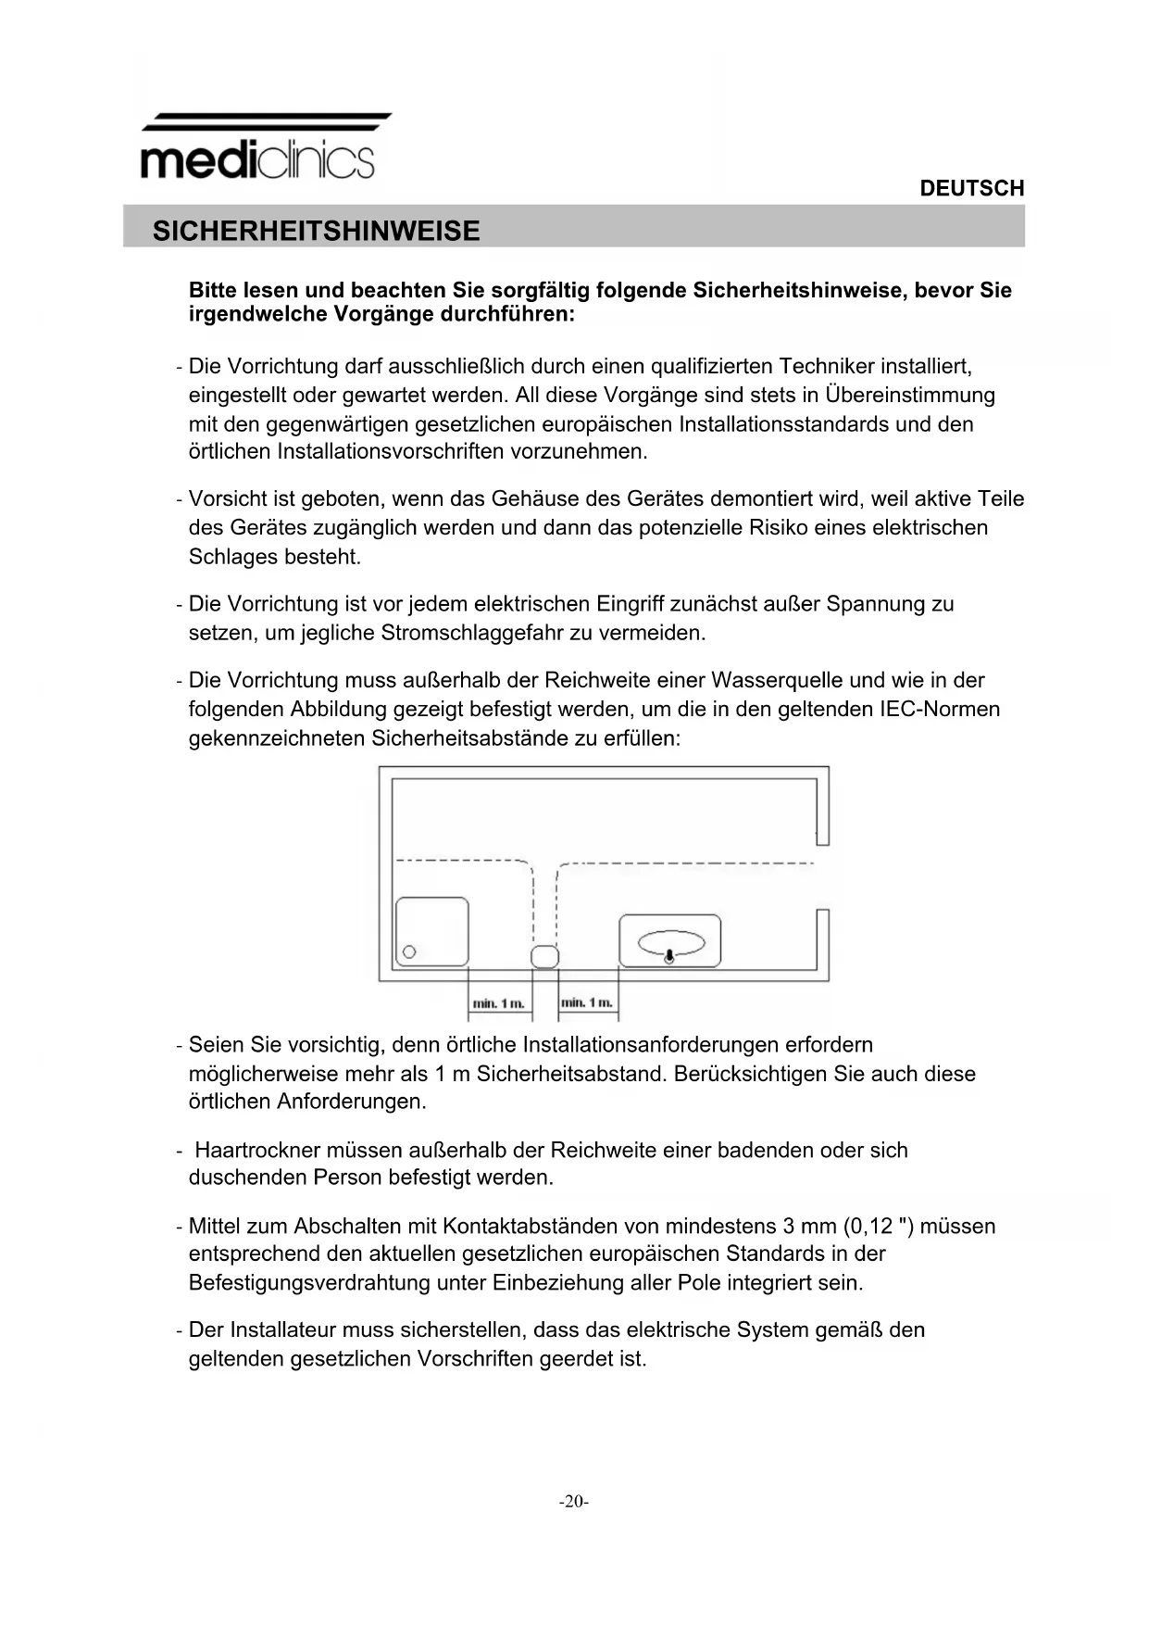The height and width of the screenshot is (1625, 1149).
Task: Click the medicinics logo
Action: [258, 148]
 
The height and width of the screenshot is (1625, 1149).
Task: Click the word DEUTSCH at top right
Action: [971, 188]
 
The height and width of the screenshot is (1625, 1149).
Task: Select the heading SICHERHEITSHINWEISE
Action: [316, 231]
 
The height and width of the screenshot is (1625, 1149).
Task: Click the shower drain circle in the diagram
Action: [409, 951]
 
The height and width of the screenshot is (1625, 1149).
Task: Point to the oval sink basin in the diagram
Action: [669, 942]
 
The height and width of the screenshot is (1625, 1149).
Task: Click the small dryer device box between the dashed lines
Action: [544, 956]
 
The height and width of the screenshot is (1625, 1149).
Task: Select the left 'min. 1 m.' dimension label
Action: [499, 1002]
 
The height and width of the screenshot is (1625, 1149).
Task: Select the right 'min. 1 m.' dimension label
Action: [586, 1001]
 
